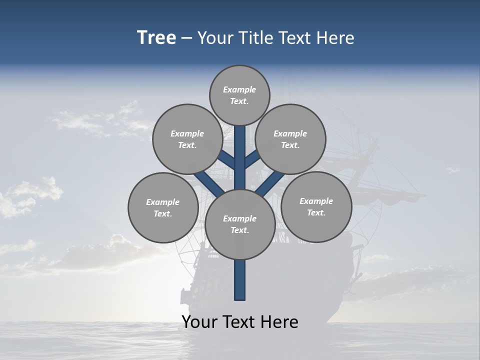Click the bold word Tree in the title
(x=156, y=37)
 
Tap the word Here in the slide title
(x=335, y=37)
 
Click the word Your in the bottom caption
(x=199, y=322)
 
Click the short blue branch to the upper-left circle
(x=226, y=160)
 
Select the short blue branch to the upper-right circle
(x=252, y=159)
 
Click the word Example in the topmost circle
(x=239, y=89)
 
